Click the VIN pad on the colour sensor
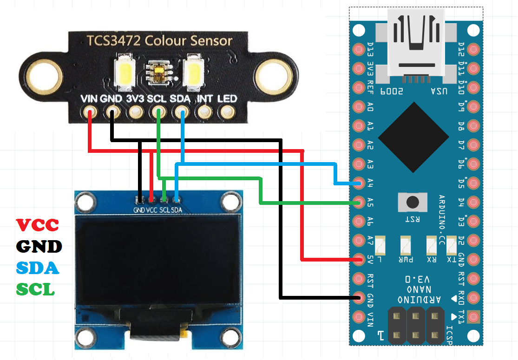(89, 112)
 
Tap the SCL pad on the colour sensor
(158, 112)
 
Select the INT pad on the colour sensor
(204, 112)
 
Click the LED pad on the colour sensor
(227, 112)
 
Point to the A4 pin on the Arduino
(358, 183)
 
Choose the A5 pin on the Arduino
(358, 202)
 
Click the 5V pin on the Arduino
(358, 259)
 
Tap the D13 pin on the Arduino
(358, 49)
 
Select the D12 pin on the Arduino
(473, 49)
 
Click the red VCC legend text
(38, 225)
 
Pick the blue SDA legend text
(38, 268)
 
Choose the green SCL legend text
(36, 289)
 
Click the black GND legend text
(39, 246)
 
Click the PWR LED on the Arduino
(406, 243)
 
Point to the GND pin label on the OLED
(139, 210)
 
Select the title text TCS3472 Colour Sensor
(159, 41)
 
